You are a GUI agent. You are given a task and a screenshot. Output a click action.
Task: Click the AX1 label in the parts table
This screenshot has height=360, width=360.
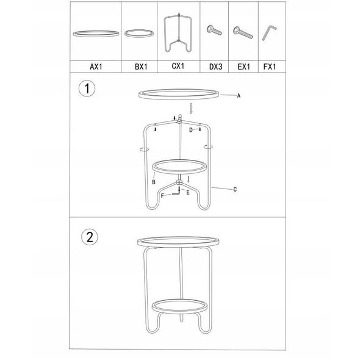click(96, 67)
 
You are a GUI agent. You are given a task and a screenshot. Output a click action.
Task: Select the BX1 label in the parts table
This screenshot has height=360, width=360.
click(141, 67)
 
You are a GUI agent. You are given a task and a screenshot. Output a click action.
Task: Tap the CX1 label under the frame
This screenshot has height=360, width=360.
click(178, 66)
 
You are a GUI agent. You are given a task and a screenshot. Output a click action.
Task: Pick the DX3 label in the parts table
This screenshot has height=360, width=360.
click(215, 67)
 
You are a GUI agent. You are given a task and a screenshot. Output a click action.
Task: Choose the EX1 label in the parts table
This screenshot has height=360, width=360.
click(243, 67)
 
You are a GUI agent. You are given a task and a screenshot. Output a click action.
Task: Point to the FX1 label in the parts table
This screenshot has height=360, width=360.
click(270, 67)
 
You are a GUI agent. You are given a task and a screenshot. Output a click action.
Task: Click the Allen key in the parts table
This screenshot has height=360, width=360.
click(269, 32)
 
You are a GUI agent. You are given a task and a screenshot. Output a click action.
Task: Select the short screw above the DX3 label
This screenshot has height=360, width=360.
click(214, 30)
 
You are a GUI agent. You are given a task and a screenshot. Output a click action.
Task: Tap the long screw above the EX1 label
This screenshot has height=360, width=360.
click(242, 32)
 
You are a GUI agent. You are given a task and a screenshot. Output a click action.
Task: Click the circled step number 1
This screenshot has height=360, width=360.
click(87, 88)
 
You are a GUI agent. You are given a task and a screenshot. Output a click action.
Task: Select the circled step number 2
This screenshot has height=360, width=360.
click(90, 237)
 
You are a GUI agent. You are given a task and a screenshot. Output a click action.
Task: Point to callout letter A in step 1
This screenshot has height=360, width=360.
click(239, 96)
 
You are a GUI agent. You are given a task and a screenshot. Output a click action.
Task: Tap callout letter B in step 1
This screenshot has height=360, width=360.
click(154, 182)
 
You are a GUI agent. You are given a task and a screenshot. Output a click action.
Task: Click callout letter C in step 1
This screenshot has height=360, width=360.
click(235, 189)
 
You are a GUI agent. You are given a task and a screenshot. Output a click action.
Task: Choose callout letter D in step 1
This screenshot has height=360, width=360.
click(191, 130)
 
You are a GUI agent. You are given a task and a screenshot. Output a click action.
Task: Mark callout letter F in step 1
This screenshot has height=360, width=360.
click(162, 196)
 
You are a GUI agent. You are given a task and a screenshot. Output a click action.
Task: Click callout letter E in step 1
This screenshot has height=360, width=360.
click(188, 192)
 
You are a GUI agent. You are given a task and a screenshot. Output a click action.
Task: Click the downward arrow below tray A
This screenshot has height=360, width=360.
click(191, 109)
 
